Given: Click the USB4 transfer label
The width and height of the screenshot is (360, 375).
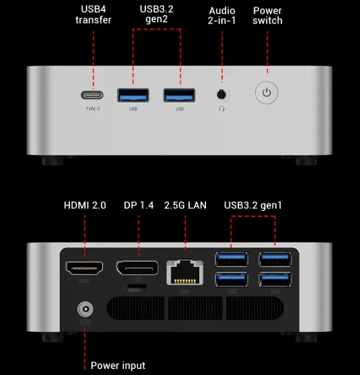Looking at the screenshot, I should tap(93, 15).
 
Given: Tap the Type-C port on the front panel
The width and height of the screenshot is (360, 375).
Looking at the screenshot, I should tap(92, 95).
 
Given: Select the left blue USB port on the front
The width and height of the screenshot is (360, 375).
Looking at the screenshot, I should tap(133, 94).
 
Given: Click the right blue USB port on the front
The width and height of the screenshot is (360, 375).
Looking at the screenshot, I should tap(179, 94).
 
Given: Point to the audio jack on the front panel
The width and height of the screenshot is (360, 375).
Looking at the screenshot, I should tap(222, 94).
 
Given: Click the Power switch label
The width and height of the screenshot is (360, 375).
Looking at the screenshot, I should tap(268, 15).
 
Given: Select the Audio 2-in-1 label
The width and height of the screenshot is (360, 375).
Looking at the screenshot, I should tap(222, 15).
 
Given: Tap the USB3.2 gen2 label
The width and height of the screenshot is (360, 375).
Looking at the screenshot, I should tap(156, 15).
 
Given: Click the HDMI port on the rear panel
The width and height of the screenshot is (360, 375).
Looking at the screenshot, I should tap(84, 266).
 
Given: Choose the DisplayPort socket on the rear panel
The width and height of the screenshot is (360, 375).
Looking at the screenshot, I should tap(137, 267).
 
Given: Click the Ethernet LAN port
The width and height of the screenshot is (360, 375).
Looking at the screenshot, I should tap(184, 271).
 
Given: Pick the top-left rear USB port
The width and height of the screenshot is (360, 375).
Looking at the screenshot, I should tap(231, 258).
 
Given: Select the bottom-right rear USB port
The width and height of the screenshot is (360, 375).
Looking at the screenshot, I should tap(275, 279).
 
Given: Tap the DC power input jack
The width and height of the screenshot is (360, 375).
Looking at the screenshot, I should tap(85, 310).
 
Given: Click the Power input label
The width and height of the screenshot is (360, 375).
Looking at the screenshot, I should tap(118, 365).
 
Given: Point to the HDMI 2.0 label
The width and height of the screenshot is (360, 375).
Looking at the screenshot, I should tap(85, 205).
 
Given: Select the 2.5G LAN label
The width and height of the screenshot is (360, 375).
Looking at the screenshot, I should tap(185, 205).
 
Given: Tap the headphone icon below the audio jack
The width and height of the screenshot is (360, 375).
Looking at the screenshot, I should tap(222, 109).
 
